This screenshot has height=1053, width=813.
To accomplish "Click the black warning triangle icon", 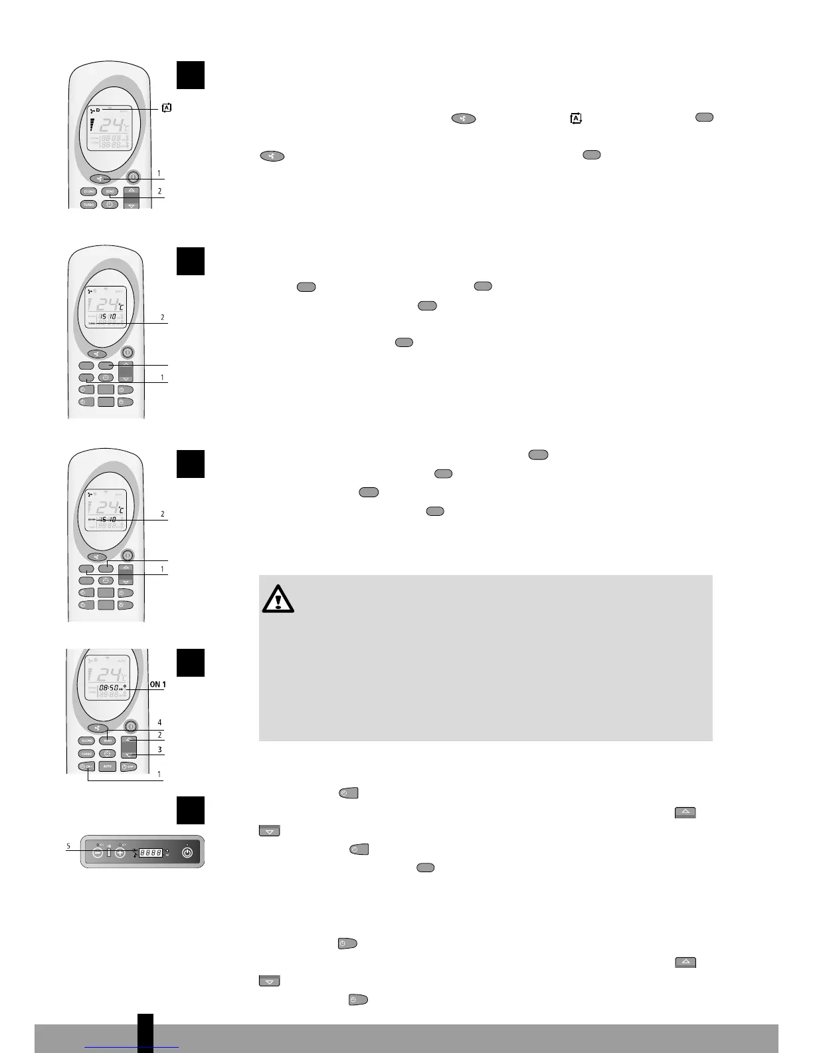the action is pos(278,600).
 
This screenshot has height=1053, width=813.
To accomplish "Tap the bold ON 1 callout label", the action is pos(157,684).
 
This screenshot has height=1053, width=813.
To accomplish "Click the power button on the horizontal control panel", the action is pos(187,852).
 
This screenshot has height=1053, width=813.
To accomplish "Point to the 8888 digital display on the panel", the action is pos(151,852).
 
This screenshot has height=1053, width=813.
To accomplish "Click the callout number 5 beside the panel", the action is pos(68,846).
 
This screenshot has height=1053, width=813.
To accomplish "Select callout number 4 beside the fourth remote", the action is pos(159,722).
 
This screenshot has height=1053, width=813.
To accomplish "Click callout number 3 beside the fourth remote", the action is pos(159,749).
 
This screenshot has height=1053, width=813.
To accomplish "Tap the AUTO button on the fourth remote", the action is pos(107,766).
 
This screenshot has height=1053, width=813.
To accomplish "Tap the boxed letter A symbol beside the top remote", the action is pos(166,108).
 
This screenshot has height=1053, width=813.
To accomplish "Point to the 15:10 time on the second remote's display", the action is pos(108,316).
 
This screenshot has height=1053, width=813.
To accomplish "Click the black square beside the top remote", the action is pos(190,75).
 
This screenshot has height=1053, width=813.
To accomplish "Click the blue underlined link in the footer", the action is pos(132,1046).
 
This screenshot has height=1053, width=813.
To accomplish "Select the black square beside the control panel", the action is pos(190,810).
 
